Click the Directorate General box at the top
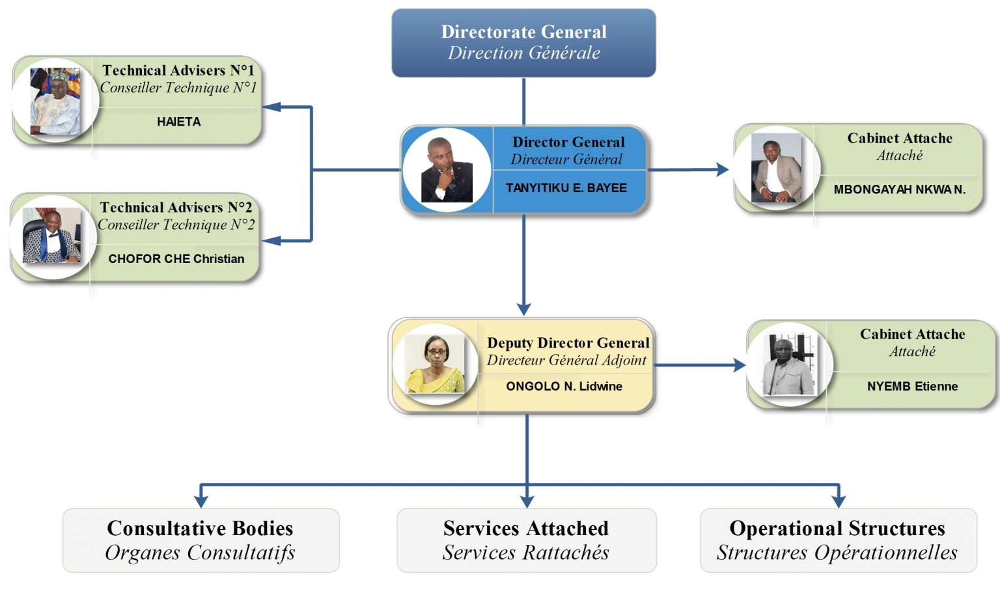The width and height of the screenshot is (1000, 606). (523, 43)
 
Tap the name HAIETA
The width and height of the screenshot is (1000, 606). (178, 122)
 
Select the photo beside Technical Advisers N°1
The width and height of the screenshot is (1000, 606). (55, 102)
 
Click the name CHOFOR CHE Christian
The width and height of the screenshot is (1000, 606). (176, 258)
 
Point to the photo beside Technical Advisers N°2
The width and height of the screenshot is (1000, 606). (52, 237)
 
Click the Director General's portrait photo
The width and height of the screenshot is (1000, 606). (447, 170)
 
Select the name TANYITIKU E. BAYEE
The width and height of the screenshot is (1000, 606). (566, 188)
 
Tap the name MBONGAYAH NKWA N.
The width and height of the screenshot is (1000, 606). (899, 189)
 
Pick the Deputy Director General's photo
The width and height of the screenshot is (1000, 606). (435, 365)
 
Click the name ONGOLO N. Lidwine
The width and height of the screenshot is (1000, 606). (564, 386)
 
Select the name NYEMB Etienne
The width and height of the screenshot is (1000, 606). (912, 386)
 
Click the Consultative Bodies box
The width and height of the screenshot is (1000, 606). (201, 540)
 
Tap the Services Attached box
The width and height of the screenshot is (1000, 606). (526, 540)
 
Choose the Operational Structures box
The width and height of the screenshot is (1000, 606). (838, 540)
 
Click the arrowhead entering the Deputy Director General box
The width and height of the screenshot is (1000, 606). (524, 309)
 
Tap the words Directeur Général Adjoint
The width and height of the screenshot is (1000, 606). (566, 360)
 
